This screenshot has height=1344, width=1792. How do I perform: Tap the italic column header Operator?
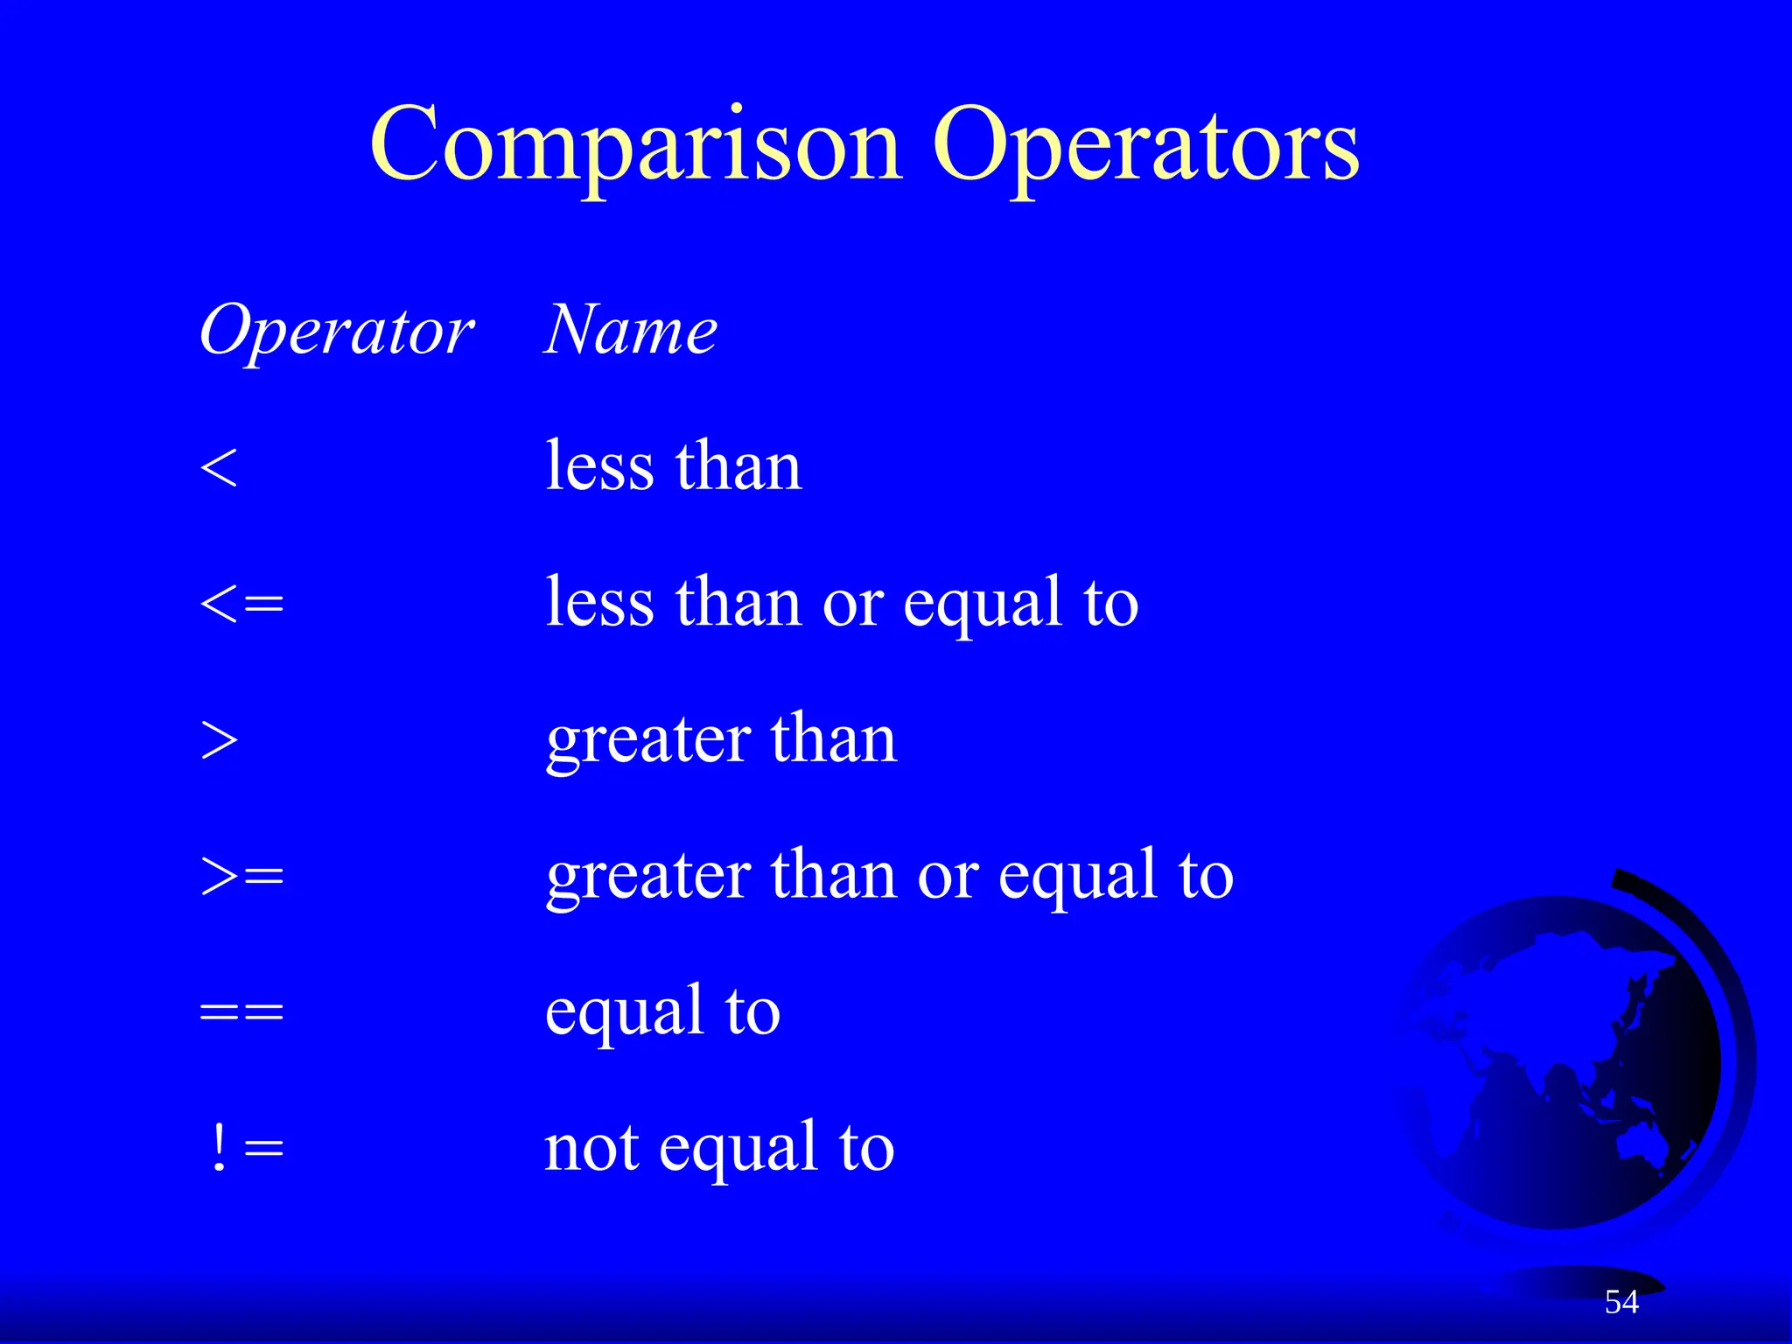click(336, 332)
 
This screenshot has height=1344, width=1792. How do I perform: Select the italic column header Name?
click(630, 331)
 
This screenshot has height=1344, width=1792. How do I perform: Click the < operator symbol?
click(218, 467)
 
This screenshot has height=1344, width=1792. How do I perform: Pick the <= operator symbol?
click(241, 604)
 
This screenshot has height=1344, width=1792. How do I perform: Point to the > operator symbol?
click(219, 740)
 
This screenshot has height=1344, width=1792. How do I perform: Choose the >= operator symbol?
click(241, 876)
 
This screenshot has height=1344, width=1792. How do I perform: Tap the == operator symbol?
click(241, 1012)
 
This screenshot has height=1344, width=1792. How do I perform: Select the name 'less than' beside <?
click(673, 465)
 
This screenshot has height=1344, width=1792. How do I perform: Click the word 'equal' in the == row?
click(623, 1012)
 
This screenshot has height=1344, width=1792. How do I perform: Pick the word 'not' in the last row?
click(591, 1148)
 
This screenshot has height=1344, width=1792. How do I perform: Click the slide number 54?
click(1621, 1302)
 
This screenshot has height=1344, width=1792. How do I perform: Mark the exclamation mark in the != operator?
click(219, 1147)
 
